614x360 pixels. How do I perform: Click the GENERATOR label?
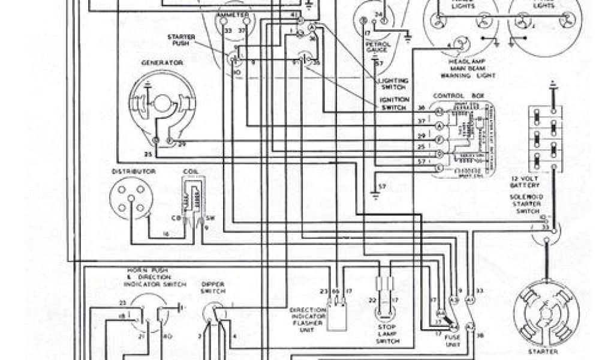tap(153, 62)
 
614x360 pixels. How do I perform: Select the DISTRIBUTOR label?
tap(125, 172)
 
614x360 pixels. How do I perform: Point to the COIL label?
tap(191, 172)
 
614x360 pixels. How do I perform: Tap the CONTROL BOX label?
tap(458, 96)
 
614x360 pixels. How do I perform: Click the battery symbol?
tap(546, 139)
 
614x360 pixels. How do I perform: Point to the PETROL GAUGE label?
tap(376, 47)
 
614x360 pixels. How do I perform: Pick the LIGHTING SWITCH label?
tap(393, 83)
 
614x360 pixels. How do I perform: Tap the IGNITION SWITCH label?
tap(394, 104)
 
